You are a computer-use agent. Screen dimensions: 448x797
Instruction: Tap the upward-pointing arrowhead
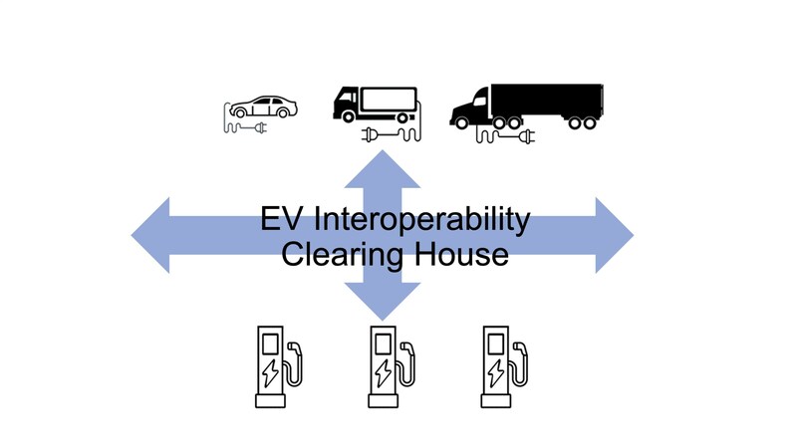point(383,164)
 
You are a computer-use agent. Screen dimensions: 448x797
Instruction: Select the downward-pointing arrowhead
point(383,303)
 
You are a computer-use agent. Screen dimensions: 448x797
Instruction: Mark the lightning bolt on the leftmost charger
point(270,372)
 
